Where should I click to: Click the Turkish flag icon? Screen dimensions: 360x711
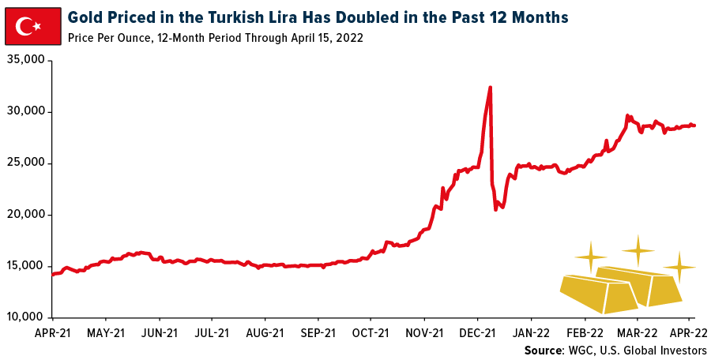click(x=32, y=28)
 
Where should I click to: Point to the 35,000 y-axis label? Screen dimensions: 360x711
click(x=25, y=61)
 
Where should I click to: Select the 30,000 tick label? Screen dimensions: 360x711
click(x=25, y=112)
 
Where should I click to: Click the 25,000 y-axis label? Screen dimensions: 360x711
click(x=25, y=163)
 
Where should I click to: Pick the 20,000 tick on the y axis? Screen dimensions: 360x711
click(x=25, y=215)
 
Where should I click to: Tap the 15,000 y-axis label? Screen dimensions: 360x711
click(x=25, y=266)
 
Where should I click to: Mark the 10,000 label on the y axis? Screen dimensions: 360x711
click(x=25, y=317)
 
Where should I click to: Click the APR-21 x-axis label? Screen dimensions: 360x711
click(x=53, y=332)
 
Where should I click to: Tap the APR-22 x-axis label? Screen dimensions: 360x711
click(x=690, y=332)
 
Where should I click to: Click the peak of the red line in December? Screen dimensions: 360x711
click(x=491, y=88)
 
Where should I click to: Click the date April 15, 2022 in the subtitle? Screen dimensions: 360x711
click(x=325, y=38)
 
